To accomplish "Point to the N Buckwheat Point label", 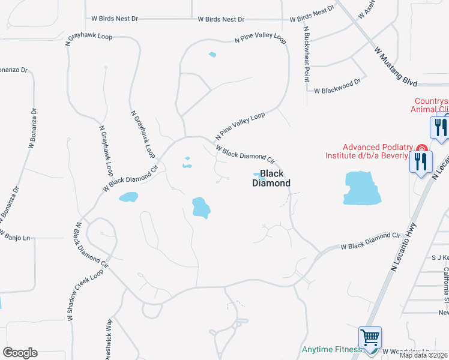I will point(306,54).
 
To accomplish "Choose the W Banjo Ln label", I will point(14,238).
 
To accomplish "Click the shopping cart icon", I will point(370,338).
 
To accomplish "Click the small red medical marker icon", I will point(421,148).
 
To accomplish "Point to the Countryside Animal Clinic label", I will point(429,105).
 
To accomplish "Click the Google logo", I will point(20,353).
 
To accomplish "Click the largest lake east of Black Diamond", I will point(363,188).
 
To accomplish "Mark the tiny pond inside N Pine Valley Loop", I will point(212,55).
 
